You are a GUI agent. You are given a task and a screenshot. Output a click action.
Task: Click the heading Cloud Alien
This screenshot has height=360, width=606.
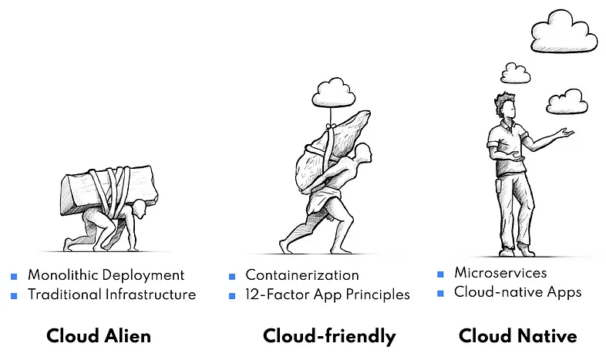click(x=99, y=336)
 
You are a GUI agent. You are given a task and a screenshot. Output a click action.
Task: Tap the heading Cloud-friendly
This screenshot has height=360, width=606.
click(x=329, y=336)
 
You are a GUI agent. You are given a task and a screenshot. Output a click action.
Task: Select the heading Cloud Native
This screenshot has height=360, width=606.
click(x=517, y=336)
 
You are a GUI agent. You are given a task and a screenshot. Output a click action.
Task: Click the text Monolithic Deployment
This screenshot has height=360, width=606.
click(x=106, y=275)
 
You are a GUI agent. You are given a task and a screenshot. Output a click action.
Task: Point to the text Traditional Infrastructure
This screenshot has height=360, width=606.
click(x=112, y=294)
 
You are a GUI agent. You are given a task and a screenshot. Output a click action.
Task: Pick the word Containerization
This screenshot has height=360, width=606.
click(x=302, y=275)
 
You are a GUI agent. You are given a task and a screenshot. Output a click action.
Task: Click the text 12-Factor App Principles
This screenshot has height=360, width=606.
click(x=328, y=294)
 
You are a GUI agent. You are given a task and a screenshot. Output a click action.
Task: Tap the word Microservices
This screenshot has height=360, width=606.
click(x=500, y=273)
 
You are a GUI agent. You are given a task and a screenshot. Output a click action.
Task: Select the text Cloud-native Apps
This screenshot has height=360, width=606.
click(x=517, y=292)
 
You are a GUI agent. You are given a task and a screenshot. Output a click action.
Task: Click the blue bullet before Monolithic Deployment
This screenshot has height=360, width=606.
click(x=14, y=276)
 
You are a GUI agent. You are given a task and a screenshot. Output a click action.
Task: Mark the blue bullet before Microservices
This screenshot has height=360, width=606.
click(x=440, y=274)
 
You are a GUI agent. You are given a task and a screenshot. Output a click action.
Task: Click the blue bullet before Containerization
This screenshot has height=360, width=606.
click(x=232, y=276)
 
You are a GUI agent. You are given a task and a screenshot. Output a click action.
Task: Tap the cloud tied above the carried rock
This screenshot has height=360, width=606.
click(x=333, y=93)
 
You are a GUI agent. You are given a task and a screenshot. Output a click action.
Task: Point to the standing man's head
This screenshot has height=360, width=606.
click(x=505, y=106)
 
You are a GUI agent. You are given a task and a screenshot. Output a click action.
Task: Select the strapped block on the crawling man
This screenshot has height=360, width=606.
click(x=109, y=187)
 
